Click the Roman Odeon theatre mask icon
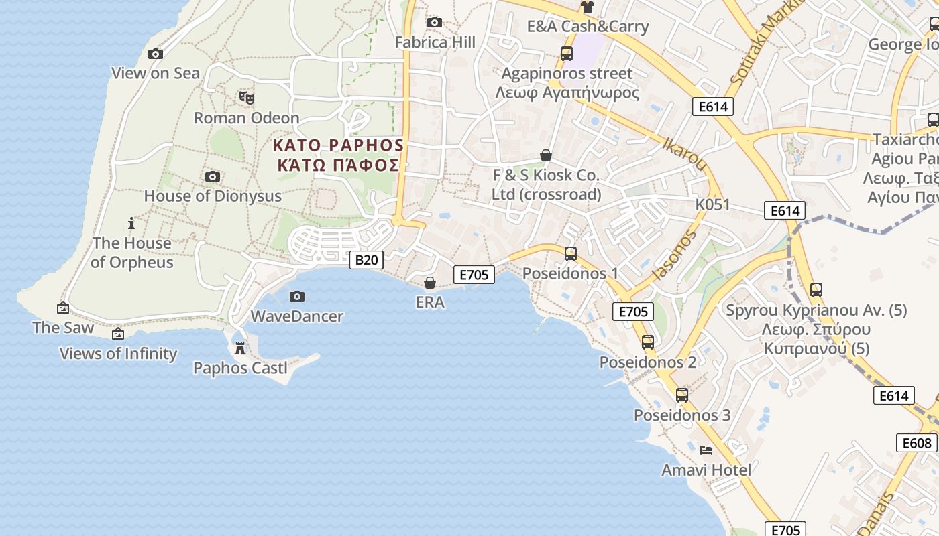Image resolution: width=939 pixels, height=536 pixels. pos(247,98)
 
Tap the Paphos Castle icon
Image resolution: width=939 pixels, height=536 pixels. pos(239,348)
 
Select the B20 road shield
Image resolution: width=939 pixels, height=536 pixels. pos(366,260)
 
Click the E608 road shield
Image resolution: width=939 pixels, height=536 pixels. pos(916,443)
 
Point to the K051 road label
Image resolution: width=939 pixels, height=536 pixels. pos(712,205)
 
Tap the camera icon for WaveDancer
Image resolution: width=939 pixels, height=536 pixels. pos(297,296)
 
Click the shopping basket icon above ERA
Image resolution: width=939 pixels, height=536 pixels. pos(430,283)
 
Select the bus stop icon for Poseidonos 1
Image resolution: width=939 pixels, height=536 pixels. pos(571,254)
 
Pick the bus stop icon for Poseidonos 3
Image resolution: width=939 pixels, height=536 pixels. pos(682,395)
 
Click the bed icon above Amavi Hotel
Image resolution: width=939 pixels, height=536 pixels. pos(706,450)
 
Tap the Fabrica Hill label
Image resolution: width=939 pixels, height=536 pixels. pos(435,42)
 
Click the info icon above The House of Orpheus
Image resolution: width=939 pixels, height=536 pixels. pos(131,223)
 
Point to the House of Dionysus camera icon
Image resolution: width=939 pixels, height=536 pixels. pos(213,177)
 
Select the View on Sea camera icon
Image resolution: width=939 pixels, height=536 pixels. pos(156,54)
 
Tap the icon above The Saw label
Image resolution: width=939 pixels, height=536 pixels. pos(63,308)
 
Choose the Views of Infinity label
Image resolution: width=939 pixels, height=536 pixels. pos(119,354)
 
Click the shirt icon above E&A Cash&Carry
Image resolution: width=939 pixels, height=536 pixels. pos(588,7)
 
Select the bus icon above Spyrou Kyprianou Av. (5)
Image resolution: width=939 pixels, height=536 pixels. pos(816,290)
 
